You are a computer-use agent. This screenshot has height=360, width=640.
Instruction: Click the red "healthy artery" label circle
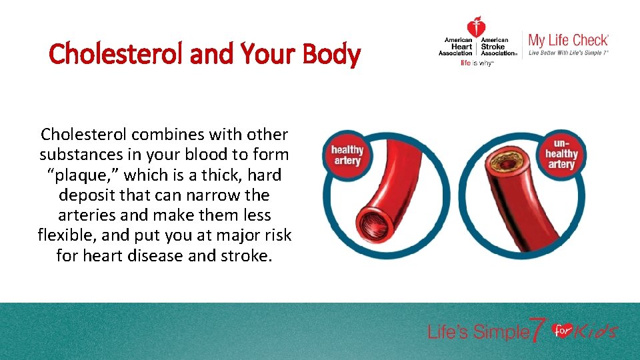coord(347,155)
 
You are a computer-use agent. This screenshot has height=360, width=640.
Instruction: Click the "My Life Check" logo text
coord(568,40)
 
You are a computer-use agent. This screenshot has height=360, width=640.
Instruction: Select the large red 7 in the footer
coord(538,329)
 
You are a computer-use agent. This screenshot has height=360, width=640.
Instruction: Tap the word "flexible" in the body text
coord(67,236)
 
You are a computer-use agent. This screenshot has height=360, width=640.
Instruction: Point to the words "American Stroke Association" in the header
coord(499,47)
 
